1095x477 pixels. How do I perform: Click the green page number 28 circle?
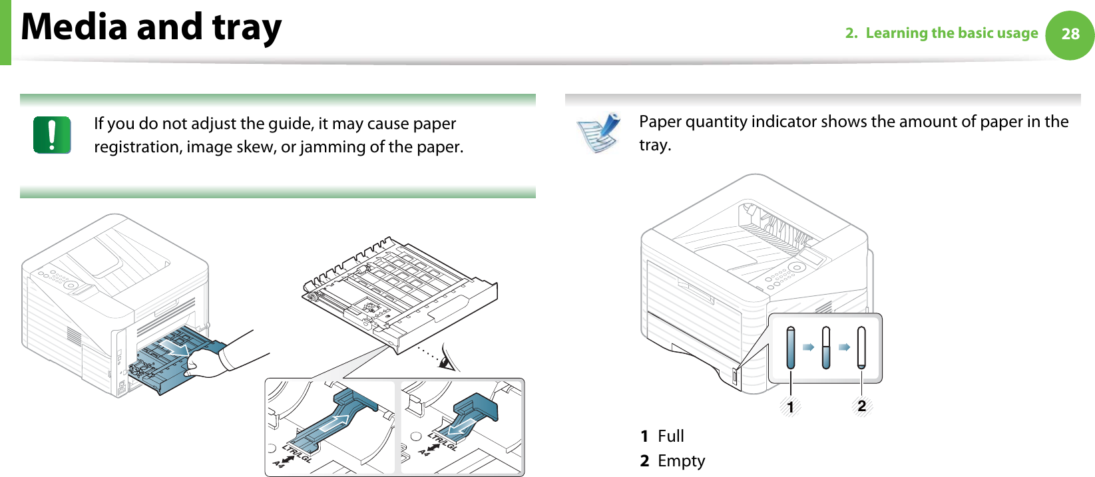(x=1070, y=35)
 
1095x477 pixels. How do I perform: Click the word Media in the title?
(x=74, y=27)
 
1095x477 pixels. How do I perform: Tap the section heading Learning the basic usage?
(x=951, y=33)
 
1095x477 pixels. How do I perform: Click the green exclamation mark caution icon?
(x=52, y=134)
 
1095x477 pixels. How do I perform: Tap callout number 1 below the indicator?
(x=790, y=406)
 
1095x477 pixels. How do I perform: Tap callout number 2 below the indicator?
(x=861, y=406)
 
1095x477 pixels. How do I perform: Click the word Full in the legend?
(x=670, y=436)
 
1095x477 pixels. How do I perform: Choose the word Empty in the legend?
(x=681, y=461)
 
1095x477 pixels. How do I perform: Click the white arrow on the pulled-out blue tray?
(x=176, y=347)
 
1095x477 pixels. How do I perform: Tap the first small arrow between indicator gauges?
(x=808, y=347)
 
